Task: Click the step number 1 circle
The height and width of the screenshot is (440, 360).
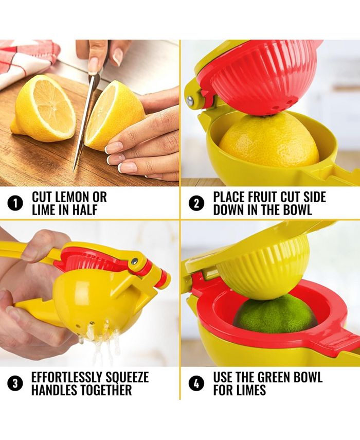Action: tap(15, 203)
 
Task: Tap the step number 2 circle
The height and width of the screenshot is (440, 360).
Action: tap(196, 203)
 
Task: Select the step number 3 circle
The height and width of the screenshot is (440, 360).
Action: tap(15, 383)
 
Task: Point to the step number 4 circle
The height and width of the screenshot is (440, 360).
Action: tap(196, 383)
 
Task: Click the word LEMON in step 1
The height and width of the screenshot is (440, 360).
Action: tap(71, 197)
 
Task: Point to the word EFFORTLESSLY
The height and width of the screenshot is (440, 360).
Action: tap(69, 377)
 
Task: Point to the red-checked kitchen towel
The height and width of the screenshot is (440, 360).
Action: tap(26, 59)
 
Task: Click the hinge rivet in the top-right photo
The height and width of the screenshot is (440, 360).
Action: tap(191, 101)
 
